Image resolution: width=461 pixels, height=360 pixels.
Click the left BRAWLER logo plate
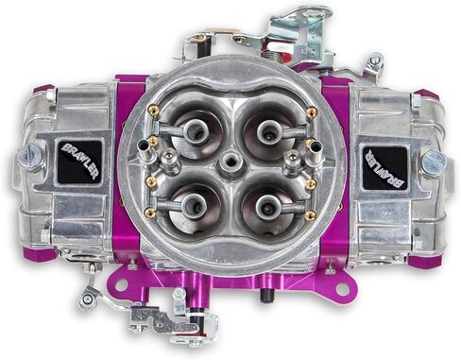tap(79, 161)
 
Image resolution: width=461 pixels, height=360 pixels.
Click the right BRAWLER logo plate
tap(384, 167)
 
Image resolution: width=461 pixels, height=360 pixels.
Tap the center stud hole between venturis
tap(230, 163)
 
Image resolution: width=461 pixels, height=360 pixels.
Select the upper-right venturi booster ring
tap(267, 130)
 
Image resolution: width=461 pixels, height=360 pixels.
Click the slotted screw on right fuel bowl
tap(434, 161)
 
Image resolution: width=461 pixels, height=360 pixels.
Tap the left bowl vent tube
tap(145, 146)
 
